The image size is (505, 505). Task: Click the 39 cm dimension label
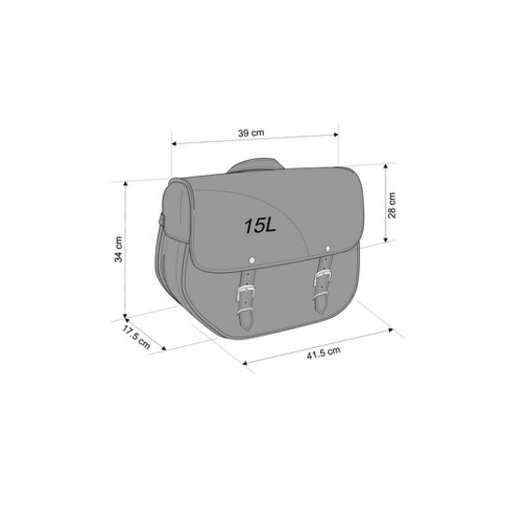[251, 133]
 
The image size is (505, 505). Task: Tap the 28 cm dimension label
[392, 205]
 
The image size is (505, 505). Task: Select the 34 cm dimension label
[118, 250]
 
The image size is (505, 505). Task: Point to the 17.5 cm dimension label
[136, 337]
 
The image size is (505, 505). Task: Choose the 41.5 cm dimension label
[324, 353]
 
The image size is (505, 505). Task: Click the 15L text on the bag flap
[260, 225]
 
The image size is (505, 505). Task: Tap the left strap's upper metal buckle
[246, 293]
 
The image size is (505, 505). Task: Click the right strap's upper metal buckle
[323, 277]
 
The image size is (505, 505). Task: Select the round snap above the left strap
[252, 260]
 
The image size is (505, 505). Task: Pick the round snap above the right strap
[328, 249]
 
